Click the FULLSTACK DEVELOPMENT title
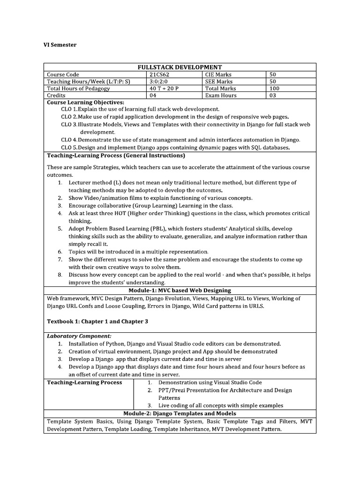[180, 67]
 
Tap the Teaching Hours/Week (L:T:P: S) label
[88, 81]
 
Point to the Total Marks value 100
[275, 88]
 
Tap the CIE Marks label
[218, 74]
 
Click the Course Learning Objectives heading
[86, 102]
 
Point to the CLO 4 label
[69, 140]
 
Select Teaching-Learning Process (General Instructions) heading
[116, 155]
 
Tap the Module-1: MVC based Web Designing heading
[180, 291]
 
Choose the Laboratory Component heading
[79, 336]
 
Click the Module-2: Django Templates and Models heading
[180, 413]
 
